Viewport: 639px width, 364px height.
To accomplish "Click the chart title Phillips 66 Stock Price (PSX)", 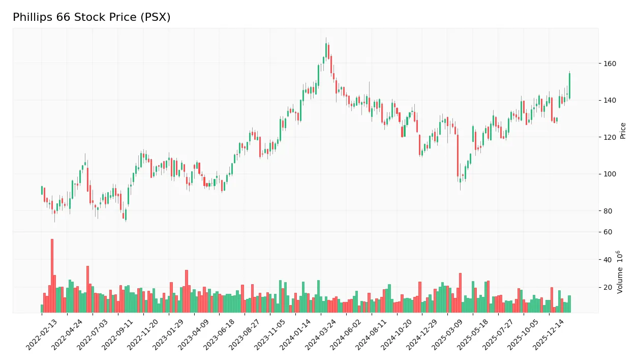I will (92, 17).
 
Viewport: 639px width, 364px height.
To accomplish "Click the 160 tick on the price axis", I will (610, 64).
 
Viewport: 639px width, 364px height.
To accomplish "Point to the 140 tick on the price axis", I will (610, 101).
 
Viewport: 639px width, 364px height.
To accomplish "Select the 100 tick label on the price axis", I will (610, 174).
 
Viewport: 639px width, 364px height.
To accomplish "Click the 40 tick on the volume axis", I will (608, 260).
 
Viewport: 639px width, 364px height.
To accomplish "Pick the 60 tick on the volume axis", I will (608, 232).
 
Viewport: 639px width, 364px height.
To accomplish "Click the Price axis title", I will (623, 131).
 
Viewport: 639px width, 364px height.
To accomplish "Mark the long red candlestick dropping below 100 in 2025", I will (458, 155).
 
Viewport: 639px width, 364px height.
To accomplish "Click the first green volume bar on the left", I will (42, 308).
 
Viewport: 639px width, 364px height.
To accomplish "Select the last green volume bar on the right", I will (569, 304).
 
